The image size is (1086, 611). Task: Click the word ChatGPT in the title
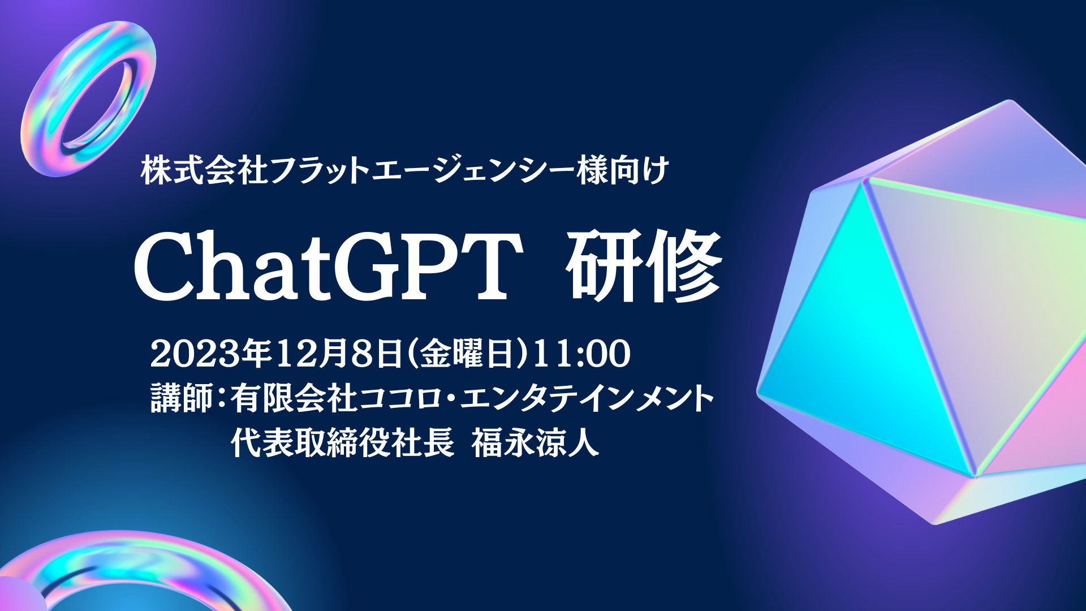point(328,266)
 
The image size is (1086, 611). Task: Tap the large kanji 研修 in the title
point(645,266)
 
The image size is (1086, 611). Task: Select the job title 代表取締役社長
point(343,442)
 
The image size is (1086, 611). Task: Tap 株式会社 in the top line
point(204,170)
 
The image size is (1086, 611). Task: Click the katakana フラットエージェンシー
point(422,170)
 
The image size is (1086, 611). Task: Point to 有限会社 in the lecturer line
point(294,398)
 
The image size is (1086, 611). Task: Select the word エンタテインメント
point(588,398)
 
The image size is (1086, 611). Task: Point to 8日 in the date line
point(376,354)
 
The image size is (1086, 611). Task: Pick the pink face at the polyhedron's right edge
point(1046,419)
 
